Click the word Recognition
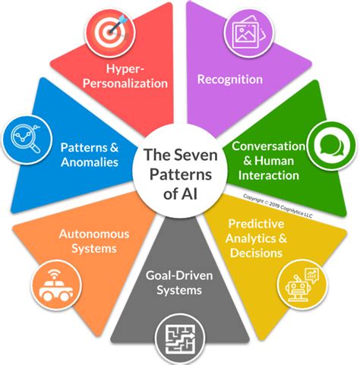click(229, 78)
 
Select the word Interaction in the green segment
click(268, 175)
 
